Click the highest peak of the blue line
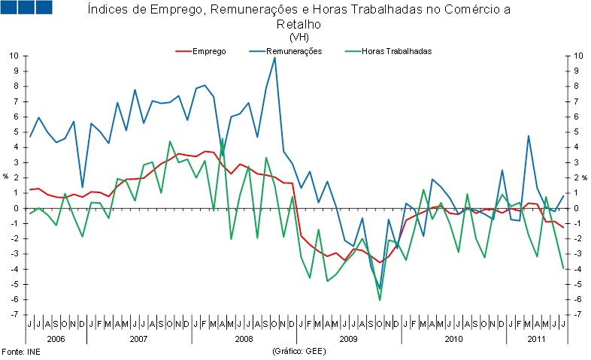pyautogui.click(x=274, y=57)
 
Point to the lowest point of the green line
pyautogui.click(x=380, y=300)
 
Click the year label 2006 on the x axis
pyautogui.click(x=56, y=339)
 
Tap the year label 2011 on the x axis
pyautogui.click(x=535, y=339)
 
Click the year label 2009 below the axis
pyautogui.click(x=348, y=339)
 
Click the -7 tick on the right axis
pyautogui.click(x=576, y=315)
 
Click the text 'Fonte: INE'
pyautogui.click(x=20, y=351)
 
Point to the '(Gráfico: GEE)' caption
pyautogui.click(x=299, y=351)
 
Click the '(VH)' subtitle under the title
pyautogui.click(x=299, y=37)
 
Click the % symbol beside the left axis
pyautogui.click(x=7, y=177)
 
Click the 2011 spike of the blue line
pyautogui.click(x=529, y=136)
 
